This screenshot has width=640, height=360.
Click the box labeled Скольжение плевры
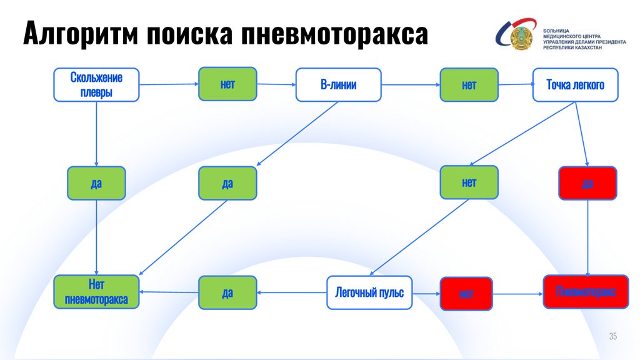coord(96,84)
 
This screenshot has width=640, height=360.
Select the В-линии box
coord(338,84)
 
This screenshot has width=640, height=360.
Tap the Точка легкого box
coord(575,84)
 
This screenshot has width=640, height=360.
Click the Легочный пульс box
coord(369,292)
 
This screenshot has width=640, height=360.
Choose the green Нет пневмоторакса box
coord(96,292)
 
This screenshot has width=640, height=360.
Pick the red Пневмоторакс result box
coord(586,292)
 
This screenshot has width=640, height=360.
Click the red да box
coord(587,183)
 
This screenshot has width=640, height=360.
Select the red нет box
coord(466,294)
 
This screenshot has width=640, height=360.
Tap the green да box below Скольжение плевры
coord(96,183)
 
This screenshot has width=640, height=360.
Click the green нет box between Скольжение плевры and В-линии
coord(227,84)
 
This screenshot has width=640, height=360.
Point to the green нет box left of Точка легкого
coord(469,84)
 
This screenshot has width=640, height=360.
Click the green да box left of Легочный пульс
coord(227,292)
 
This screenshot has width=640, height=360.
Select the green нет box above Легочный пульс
coord(469,182)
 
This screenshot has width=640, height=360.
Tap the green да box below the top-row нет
coord(227,183)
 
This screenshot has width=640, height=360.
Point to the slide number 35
coord(612,337)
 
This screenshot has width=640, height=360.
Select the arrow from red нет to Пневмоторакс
coord(517,293)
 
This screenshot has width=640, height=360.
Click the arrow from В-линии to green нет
coord(411,84)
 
